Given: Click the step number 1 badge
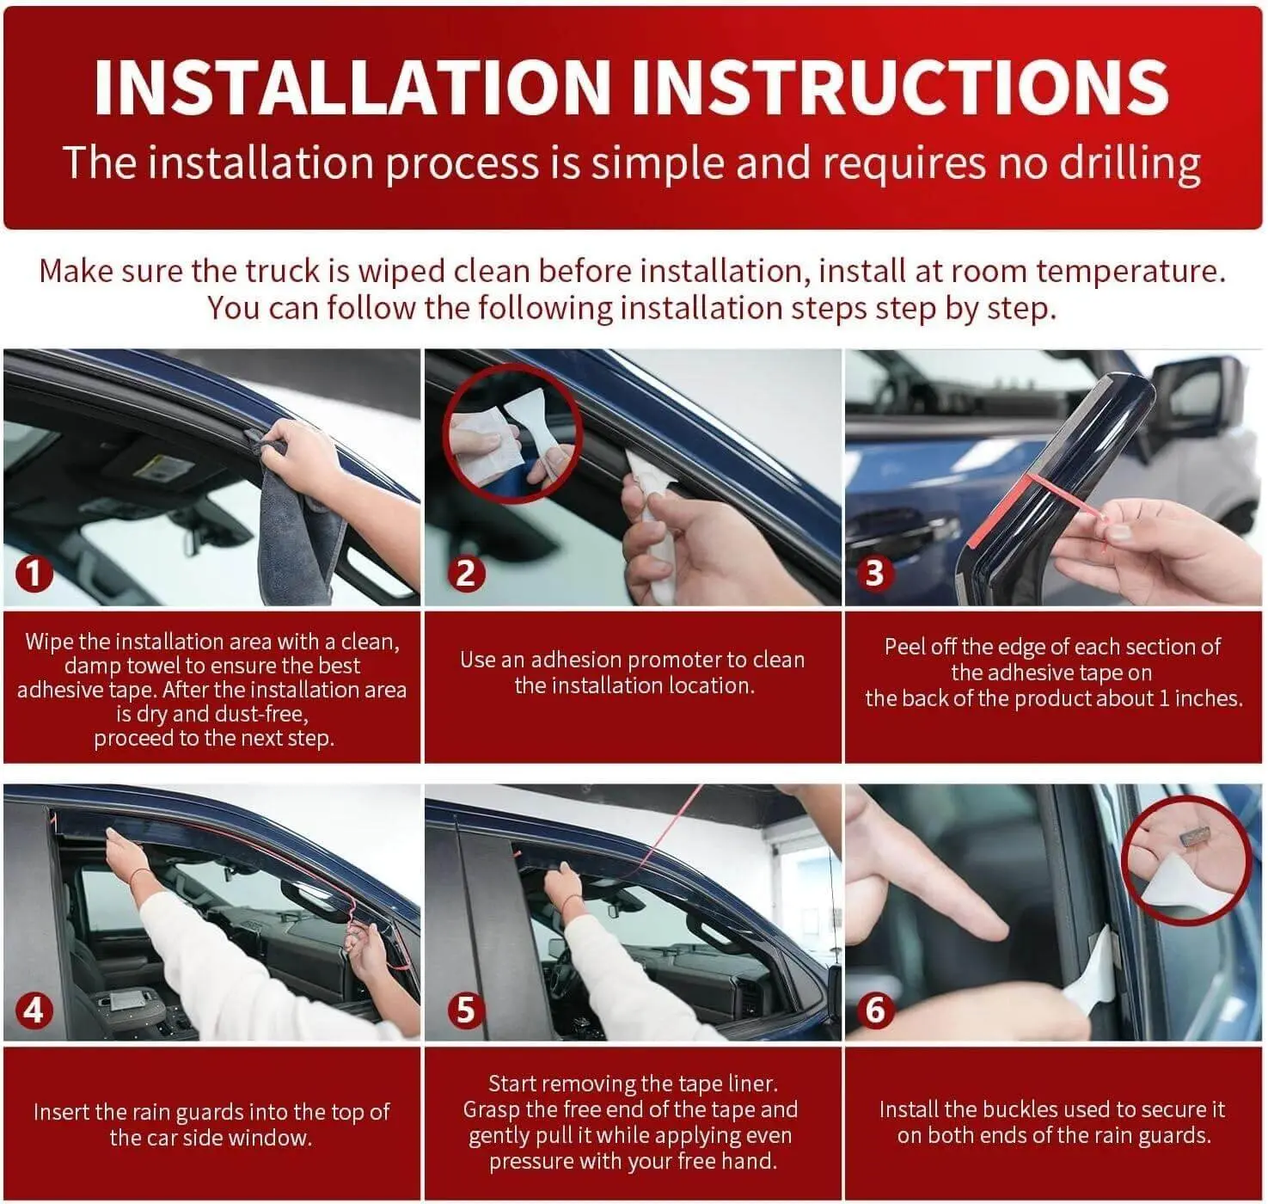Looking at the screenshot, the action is pyautogui.click(x=34, y=574).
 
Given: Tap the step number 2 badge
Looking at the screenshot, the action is pyautogui.click(x=466, y=574).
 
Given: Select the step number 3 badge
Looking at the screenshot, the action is pyautogui.click(x=874, y=574).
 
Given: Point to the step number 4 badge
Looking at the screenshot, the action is pyautogui.click(x=34, y=1010).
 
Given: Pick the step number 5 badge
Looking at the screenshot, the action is pyautogui.click(x=466, y=1010).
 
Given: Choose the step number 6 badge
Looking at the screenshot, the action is pyautogui.click(x=875, y=1010).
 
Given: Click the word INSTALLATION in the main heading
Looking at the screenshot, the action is pyautogui.click(x=352, y=88).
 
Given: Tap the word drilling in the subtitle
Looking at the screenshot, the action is pyautogui.click(x=1130, y=163).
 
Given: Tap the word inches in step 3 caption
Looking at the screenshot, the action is pyautogui.click(x=1208, y=699).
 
